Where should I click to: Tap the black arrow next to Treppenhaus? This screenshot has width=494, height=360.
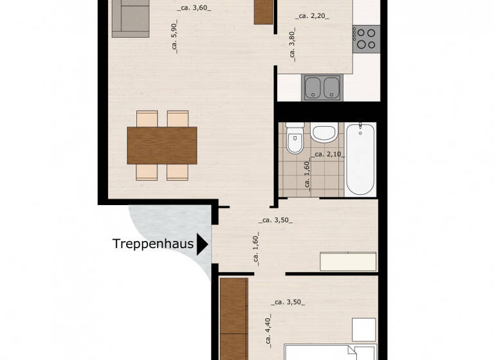[x=203, y=244]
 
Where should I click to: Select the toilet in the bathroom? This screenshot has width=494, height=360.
[x=295, y=139]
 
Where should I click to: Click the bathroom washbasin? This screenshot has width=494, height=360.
[x=323, y=133]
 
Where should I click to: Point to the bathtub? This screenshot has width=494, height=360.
[x=360, y=159]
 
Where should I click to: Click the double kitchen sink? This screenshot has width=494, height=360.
[x=322, y=87]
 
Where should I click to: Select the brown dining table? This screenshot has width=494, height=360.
[x=162, y=145]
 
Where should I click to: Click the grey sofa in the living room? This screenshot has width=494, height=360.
[x=131, y=17]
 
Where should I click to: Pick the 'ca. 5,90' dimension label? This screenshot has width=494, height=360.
[x=174, y=38]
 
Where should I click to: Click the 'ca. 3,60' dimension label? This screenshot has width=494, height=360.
[x=194, y=8]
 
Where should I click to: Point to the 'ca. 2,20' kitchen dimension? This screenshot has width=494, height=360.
[x=313, y=17]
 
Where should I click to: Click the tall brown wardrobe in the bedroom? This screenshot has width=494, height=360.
[x=233, y=318]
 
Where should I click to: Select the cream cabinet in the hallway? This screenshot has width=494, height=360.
[x=348, y=262]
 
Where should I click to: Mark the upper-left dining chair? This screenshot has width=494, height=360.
[x=147, y=119]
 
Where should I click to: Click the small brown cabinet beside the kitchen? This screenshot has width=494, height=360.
[x=263, y=12]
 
